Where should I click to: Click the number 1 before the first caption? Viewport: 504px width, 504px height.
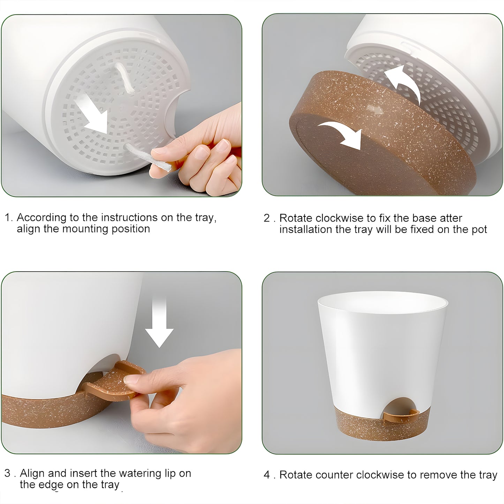click(8, 218)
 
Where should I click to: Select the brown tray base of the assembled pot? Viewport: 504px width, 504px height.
click(382, 424)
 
